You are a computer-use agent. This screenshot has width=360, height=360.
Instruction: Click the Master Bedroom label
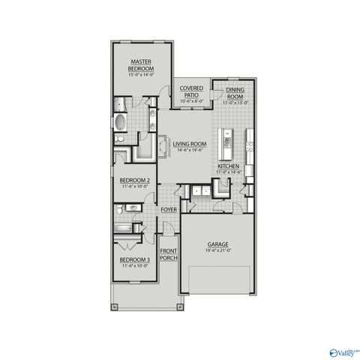(x=142, y=64)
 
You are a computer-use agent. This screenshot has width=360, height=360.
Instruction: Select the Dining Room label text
(x=235, y=92)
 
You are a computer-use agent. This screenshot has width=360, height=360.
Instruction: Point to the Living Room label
(x=190, y=143)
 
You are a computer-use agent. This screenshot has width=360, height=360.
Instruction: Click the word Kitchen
(x=228, y=166)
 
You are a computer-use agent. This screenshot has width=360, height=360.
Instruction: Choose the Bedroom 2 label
(x=135, y=181)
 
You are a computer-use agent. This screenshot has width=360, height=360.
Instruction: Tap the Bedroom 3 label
(x=135, y=259)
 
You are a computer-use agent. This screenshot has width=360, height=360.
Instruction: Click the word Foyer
(x=169, y=209)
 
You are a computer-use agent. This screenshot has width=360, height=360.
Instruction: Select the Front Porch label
(x=169, y=253)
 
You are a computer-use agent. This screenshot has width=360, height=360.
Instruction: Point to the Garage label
(x=217, y=244)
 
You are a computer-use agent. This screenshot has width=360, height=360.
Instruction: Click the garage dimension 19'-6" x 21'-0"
(x=217, y=251)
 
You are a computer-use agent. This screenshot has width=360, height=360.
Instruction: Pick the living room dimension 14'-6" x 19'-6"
(x=190, y=150)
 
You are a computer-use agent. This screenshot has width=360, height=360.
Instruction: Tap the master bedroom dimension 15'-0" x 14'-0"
(x=142, y=75)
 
